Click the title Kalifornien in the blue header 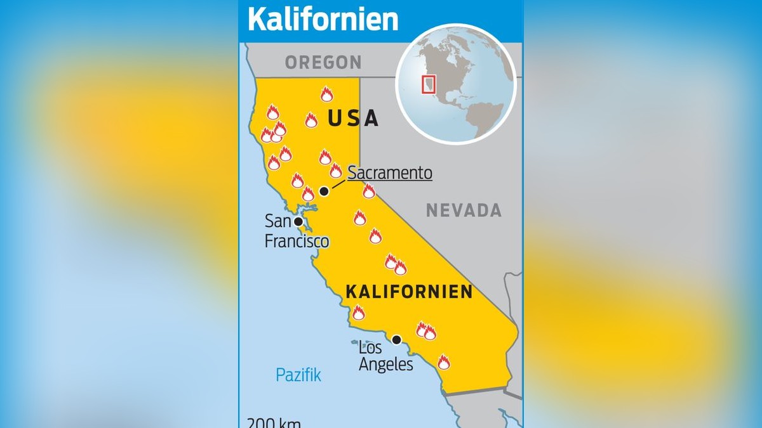coord(323,19)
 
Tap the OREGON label coord(323,62)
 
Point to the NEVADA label coord(464,211)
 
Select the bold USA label coord(353,118)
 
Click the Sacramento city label coord(390,173)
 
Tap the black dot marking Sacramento coord(324,191)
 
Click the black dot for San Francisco coord(298,221)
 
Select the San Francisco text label coord(296,231)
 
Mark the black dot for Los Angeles coord(397,340)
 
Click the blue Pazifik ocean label coord(298,375)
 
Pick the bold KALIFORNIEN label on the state coord(409,292)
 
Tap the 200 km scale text coord(274,423)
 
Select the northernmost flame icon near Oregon coord(326,94)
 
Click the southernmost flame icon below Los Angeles coord(443,362)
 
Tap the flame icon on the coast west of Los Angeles coord(359,313)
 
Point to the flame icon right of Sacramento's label coord(369,191)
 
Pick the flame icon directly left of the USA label coord(311,120)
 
